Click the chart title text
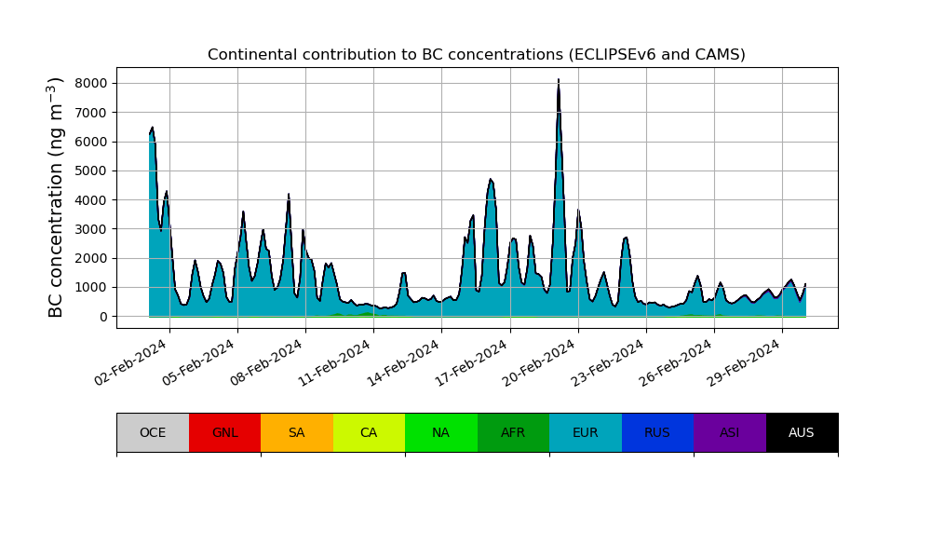click(x=476, y=55)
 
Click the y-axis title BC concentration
click(x=57, y=198)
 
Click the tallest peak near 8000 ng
click(x=559, y=81)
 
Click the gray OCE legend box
click(x=153, y=432)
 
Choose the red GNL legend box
click(x=224, y=432)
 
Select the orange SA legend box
click(x=297, y=432)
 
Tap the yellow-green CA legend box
click(x=369, y=432)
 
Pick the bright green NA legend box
click(x=441, y=432)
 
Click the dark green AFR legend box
click(x=513, y=432)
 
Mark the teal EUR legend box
click(x=586, y=432)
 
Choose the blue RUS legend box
click(x=657, y=432)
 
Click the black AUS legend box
click(x=802, y=432)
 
